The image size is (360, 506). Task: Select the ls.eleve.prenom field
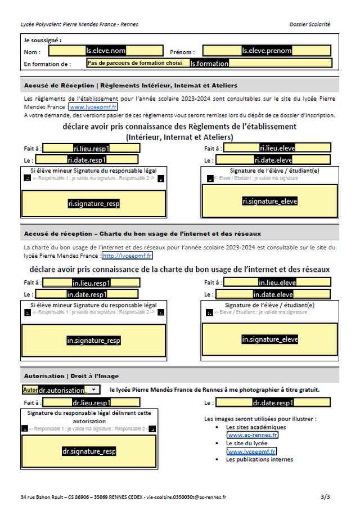(x=267, y=51)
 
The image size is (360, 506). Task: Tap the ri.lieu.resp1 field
(x=91, y=149)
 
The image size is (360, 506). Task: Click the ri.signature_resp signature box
(x=93, y=204)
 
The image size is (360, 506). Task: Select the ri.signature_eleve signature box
(x=269, y=201)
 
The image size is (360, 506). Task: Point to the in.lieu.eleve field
(x=277, y=283)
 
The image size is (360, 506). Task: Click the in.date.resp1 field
(x=87, y=294)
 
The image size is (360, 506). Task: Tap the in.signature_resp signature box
(x=93, y=341)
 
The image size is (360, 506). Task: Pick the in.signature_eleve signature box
(x=269, y=339)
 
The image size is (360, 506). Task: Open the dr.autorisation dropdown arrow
(x=93, y=389)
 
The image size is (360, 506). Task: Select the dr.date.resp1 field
(x=273, y=403)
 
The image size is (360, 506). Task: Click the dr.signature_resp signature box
(x=89, y=451)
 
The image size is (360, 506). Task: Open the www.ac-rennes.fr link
(x=252, y=435)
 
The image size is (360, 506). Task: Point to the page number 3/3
(x=325, y=497)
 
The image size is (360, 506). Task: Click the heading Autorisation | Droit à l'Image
(x=71, y=376)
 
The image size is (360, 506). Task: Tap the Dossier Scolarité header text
(x=309, y=24)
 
